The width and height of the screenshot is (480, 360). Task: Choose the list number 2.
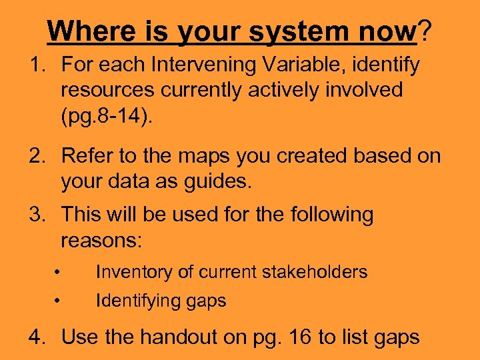35,156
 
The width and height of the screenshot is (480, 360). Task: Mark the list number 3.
35,215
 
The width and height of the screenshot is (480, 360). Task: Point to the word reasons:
101,239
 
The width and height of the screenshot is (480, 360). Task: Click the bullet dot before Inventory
59,272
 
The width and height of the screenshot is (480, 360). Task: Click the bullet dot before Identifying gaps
59,301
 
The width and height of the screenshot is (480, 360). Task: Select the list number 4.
35,337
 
